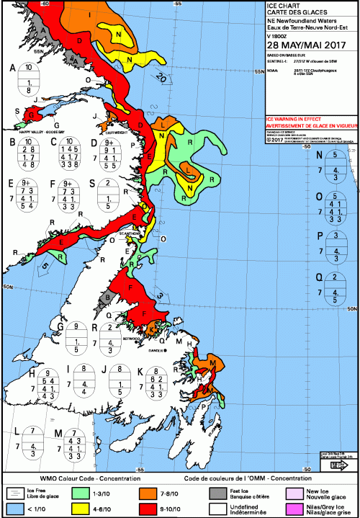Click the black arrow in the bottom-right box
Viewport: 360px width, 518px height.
click(x=334, y=465)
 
